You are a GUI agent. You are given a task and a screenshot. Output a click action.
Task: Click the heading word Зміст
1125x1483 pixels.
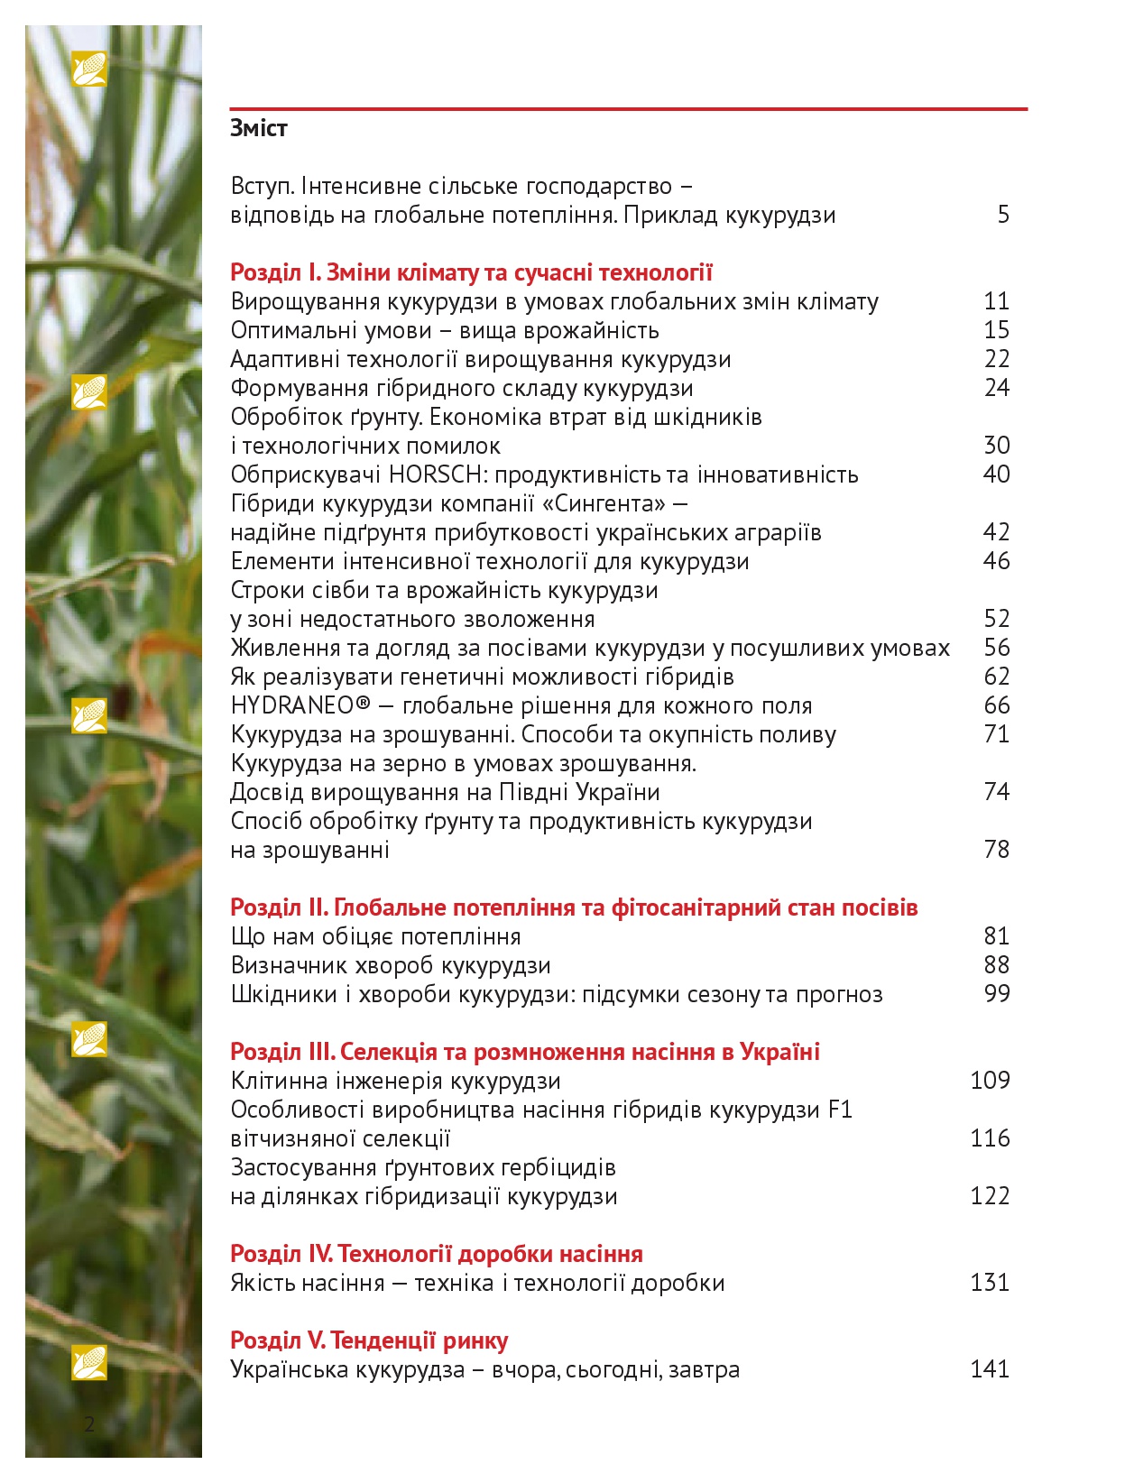tap(259, 128)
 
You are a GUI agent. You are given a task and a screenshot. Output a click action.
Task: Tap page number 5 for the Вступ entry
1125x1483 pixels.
tap(1003, 215)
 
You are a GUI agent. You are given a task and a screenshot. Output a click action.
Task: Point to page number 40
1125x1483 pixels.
tap(996, 474)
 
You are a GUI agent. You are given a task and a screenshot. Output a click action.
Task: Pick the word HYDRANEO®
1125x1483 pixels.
tap(300, 705)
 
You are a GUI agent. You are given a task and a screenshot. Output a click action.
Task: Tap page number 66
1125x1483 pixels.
tap(996, 705)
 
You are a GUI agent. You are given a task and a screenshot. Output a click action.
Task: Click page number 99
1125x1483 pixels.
tap(996, 994)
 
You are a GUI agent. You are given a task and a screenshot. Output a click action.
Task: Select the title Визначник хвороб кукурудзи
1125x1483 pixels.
tap(391, 965)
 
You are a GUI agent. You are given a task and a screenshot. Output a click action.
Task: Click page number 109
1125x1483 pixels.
tap(990, 1081)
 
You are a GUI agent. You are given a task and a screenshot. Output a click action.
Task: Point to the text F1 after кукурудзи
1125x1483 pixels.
tap(840, 1110)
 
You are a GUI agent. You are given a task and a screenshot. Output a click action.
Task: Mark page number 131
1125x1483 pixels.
tap(990, 1283)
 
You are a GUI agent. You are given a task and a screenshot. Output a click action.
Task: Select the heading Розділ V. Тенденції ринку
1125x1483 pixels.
tap(369, 1340)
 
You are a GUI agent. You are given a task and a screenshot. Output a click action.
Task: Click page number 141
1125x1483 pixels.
tap(990, 1369)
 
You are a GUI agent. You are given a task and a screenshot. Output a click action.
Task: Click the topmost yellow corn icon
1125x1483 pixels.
tap(89, 69)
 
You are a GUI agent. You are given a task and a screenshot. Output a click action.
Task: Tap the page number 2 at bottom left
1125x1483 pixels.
tap(89, 1424)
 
